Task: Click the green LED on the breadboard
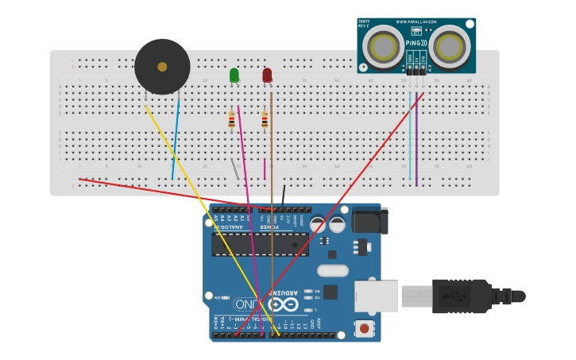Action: click(x=234, y=75)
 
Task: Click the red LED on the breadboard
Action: click(x=267, y=75)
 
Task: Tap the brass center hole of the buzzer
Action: click(x=162, y=67)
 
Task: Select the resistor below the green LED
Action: click(x=231, y=120)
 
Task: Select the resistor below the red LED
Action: click(x=265, y=120)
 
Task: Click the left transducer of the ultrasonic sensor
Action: click(x=383, y=47)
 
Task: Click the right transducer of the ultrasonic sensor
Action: click(x=450, y=47)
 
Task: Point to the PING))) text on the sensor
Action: click(x=416, y=43)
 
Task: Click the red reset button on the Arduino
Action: click(x=364, y=327)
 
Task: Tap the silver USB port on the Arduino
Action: click(x=376, y=296)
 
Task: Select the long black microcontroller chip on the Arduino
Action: click(x=260, y=244)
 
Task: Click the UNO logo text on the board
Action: click(x=245, y=304)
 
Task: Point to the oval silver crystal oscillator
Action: click(x=332, y=270)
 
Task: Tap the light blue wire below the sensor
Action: click(x=410, y=135)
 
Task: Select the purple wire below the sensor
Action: click(x=416, y=143)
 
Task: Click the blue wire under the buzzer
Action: click(x=176, y=135)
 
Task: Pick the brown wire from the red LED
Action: click(x=271, y=199)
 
